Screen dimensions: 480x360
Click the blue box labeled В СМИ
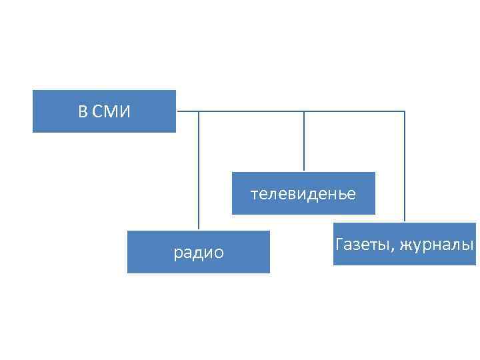(x=104, y=111)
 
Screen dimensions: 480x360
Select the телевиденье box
(x=303, y=193)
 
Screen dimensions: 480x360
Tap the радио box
(x=199, y=252)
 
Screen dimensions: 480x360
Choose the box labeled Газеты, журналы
(x=405, y=244)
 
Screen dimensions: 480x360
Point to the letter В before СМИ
(x=82, y=111)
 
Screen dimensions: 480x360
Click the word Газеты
(x=363, y=245)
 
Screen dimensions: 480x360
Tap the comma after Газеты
(x=394, y=249)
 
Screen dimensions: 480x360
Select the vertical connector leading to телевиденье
(x=304, y=141)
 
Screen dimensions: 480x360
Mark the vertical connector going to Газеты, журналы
(x=405, y=167)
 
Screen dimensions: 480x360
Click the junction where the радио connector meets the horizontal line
(x=199, y=111)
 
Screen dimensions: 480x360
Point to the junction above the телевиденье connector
(x=304, y=111)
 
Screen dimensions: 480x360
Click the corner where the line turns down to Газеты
(x=405, y=111)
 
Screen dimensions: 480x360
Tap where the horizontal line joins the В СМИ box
(x=177, y=111)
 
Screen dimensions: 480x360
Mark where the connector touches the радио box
(x=199, y=231)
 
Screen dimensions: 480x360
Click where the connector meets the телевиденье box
(x=304, y=172)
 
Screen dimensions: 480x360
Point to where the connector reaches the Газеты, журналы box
(x=405, y=222)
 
